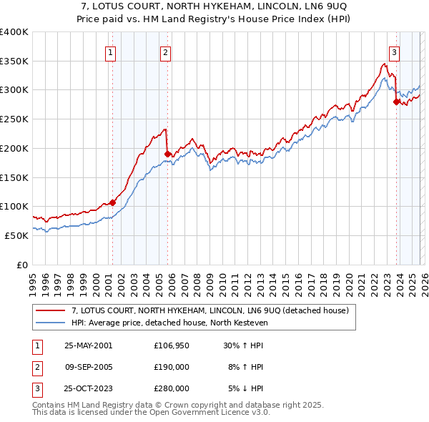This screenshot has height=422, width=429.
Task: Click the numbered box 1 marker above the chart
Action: (x=112, y=51)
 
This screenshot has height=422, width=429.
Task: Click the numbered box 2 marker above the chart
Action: (x=165, y=51)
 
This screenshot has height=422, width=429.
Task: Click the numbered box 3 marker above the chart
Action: (x=394, y=51)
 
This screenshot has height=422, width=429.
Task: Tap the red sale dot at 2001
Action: (x=112, y=202)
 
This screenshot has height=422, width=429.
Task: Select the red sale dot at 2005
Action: (x=167, y=154)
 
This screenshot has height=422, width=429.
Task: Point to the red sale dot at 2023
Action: (x=396, y=102)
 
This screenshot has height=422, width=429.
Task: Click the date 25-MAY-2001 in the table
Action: (x=88, y=345)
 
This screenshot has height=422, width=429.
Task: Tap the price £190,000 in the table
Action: (x=171, y=367)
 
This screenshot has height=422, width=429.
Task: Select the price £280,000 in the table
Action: (x=171, y=389)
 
